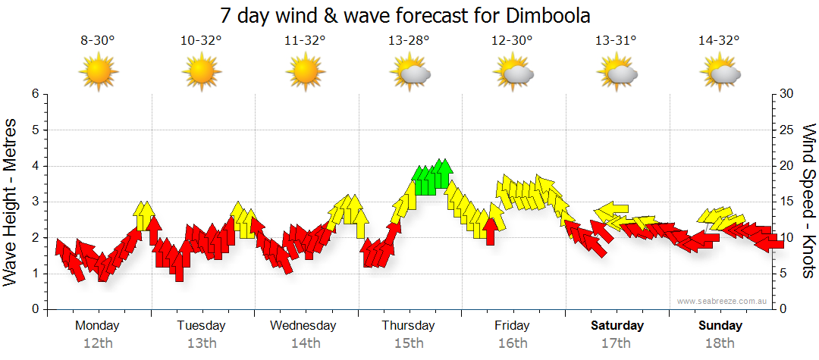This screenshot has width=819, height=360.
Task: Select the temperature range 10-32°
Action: [201, 41]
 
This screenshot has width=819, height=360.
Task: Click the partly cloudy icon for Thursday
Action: [410, 73]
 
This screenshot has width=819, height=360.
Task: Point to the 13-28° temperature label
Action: [409, 41]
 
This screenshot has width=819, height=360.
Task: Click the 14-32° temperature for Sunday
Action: [720, 41]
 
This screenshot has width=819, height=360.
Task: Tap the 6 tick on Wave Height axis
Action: [34, 94]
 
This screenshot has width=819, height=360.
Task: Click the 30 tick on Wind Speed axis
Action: [786, 94]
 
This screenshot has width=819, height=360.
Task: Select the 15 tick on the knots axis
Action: [786, 202]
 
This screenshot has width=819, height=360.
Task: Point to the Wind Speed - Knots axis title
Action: [808, 200]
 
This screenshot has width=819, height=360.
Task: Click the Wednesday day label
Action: [303, 326]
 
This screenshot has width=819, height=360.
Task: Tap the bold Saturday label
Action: [617, 326]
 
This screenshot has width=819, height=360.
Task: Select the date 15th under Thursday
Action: [409, 343]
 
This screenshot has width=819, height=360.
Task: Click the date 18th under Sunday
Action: [720, 343]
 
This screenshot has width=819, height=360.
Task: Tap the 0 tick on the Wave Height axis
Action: [34, 310]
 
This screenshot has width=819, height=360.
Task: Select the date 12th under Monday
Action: [98, 343]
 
